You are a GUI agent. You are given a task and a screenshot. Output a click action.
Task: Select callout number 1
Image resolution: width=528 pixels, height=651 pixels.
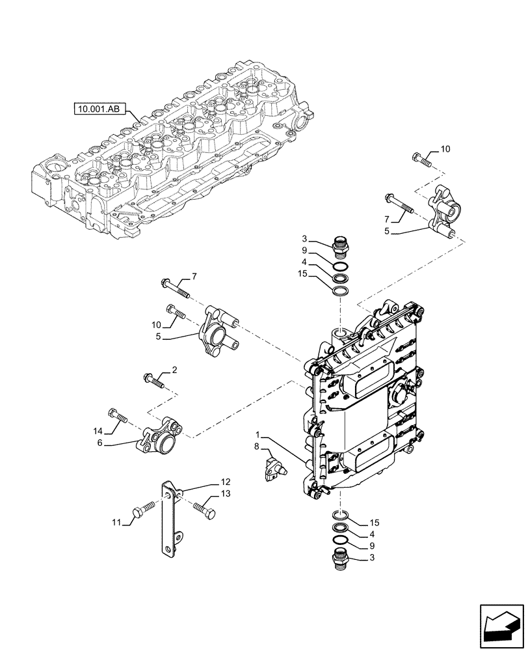pyautogui.click(x=258, y=434)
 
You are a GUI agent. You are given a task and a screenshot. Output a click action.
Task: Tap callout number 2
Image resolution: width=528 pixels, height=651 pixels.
pyautogui.click(x=174, y=370)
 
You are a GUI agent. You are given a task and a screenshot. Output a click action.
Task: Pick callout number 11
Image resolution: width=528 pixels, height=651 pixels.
pyautogui.click(x=116, y=522)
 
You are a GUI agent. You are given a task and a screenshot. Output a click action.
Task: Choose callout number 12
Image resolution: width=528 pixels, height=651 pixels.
pyautogui.click(x=225, y=482)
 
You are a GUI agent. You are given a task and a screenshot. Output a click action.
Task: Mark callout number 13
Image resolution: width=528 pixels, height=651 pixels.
pyautogui.click(x=225, y=495)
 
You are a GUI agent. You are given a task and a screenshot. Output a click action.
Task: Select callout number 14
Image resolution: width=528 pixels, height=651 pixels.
pyautogui.click(x=98, y=430)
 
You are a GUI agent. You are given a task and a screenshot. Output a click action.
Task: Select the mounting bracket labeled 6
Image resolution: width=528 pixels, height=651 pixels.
pyautogui.click(x=158, y=440)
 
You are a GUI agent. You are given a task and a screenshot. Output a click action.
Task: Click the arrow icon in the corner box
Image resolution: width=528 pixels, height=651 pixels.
pyautogui.click(x=501, y=626)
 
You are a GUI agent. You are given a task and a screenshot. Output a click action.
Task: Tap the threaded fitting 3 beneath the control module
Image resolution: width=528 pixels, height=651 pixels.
pyautogui.click(x=341, y=560)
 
